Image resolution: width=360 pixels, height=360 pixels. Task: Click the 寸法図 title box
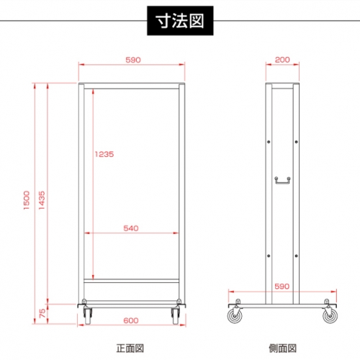tap(180, 21)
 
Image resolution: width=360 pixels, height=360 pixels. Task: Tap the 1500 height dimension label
tap(27, 200)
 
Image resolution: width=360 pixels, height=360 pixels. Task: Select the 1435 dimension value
tap(42, 200)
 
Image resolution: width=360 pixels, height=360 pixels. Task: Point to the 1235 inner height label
tap(104, 154)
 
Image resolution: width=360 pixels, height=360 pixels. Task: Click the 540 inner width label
tap(131, 228)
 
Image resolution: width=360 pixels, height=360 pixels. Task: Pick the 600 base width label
tap(131, 320)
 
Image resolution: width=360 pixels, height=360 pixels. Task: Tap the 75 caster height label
tap(42, 313)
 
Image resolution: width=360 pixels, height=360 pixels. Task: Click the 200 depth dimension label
tap(282, 60)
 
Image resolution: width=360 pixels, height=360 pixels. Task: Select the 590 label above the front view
tap(133, 60)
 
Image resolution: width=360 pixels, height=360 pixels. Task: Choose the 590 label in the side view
tap(282, 287)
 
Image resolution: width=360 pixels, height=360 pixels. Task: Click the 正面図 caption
tap(130, 348)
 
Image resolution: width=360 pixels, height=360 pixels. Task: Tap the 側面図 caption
tap(282, 348)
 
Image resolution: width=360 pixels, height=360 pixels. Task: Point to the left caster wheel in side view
tap(235, 315)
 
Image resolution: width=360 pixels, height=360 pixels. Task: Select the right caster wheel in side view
tap(330, 315)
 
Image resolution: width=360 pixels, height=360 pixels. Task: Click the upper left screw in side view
tap(269, 142)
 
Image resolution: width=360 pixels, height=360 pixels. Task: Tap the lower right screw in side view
tap(297, 256)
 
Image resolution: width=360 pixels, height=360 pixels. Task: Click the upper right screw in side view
tap(297, 142)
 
